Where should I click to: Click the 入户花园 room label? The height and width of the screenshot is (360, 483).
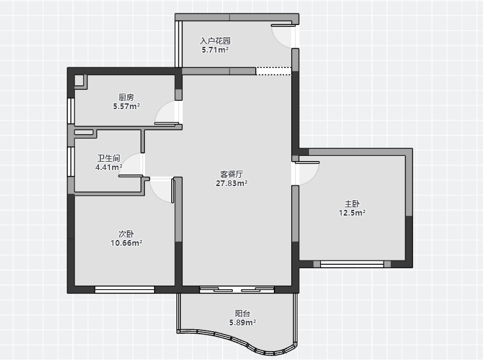(216, 40)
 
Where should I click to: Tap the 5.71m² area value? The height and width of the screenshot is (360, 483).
(216, 50)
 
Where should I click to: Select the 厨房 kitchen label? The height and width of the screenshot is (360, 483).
(126, 98)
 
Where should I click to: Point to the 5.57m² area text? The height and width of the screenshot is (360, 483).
(126, 107)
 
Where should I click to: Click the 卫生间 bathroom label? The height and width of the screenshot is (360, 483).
(109, 159)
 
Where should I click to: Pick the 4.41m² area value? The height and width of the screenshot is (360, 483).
(109, 167)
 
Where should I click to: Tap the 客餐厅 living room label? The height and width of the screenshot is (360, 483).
(232, 174)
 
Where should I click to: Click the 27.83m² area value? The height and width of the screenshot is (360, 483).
(232, 184)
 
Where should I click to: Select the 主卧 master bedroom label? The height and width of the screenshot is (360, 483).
(352, 203)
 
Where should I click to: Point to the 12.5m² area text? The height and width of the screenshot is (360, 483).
(352, 213)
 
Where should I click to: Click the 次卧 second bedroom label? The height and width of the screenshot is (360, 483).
(126, 234)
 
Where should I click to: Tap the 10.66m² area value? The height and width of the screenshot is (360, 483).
(126, 243)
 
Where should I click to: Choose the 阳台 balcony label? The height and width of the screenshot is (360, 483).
(242, 314)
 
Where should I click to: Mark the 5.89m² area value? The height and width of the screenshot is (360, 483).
(242, 323)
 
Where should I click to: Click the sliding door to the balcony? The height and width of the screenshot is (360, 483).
(237, 289)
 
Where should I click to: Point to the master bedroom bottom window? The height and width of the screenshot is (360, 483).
(352, 264)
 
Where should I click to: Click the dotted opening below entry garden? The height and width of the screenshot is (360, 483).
(273, 71)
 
